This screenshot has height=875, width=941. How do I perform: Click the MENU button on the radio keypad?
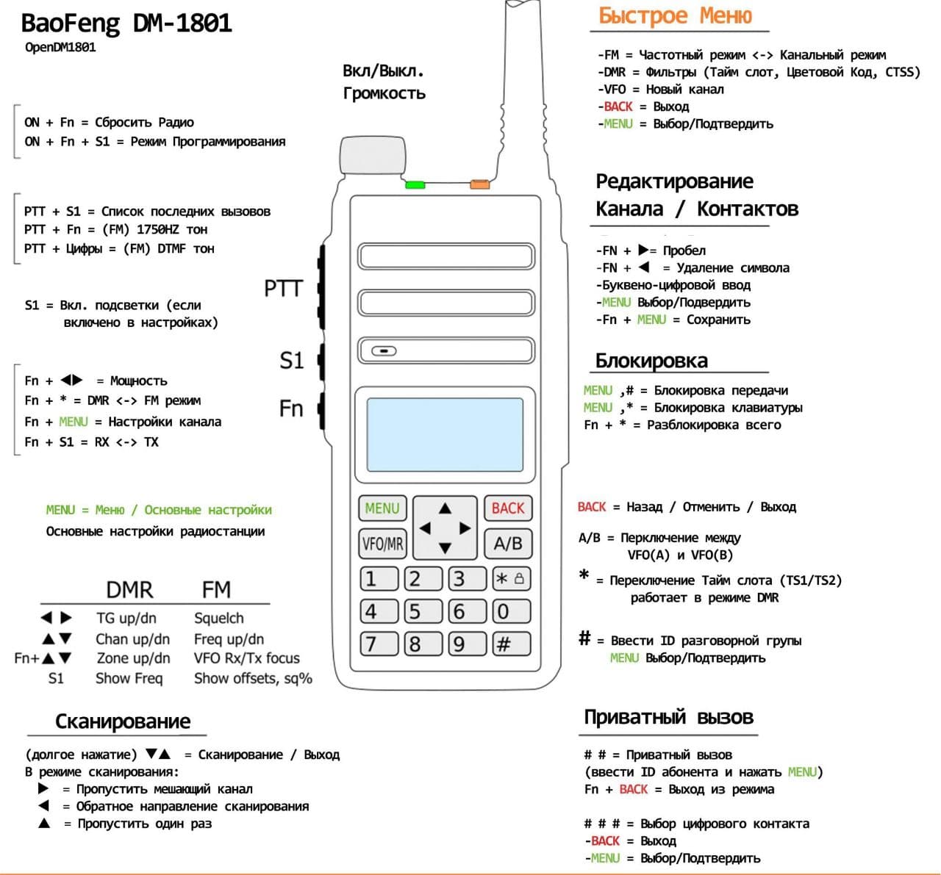pos(382,508)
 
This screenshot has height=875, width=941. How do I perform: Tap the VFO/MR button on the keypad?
pos(382,544)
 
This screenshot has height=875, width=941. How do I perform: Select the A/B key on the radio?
pos(507,544)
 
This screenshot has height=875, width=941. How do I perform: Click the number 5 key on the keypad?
pos(415,611)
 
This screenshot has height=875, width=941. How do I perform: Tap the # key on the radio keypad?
pos(504,644)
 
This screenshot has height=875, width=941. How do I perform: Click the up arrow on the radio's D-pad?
pos(445,508)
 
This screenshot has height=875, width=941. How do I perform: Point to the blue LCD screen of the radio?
pos(445,435)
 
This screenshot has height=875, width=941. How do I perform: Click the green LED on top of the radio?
pos(415,184)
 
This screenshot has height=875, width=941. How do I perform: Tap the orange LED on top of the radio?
pos(479,184)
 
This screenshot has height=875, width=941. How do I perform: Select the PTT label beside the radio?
pos(283,289)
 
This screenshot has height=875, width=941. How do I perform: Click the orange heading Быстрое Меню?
pos(675,15)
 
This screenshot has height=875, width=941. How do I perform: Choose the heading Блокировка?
pos(651,361)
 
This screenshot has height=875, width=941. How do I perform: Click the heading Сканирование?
pos(123,721)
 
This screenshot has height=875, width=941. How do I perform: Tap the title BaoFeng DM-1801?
pos(126,24)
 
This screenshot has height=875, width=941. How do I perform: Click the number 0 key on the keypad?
pos(504,611)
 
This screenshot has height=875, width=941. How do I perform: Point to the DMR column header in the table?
pos(129,589)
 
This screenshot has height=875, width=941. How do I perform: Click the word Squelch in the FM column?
pos(218,618)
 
